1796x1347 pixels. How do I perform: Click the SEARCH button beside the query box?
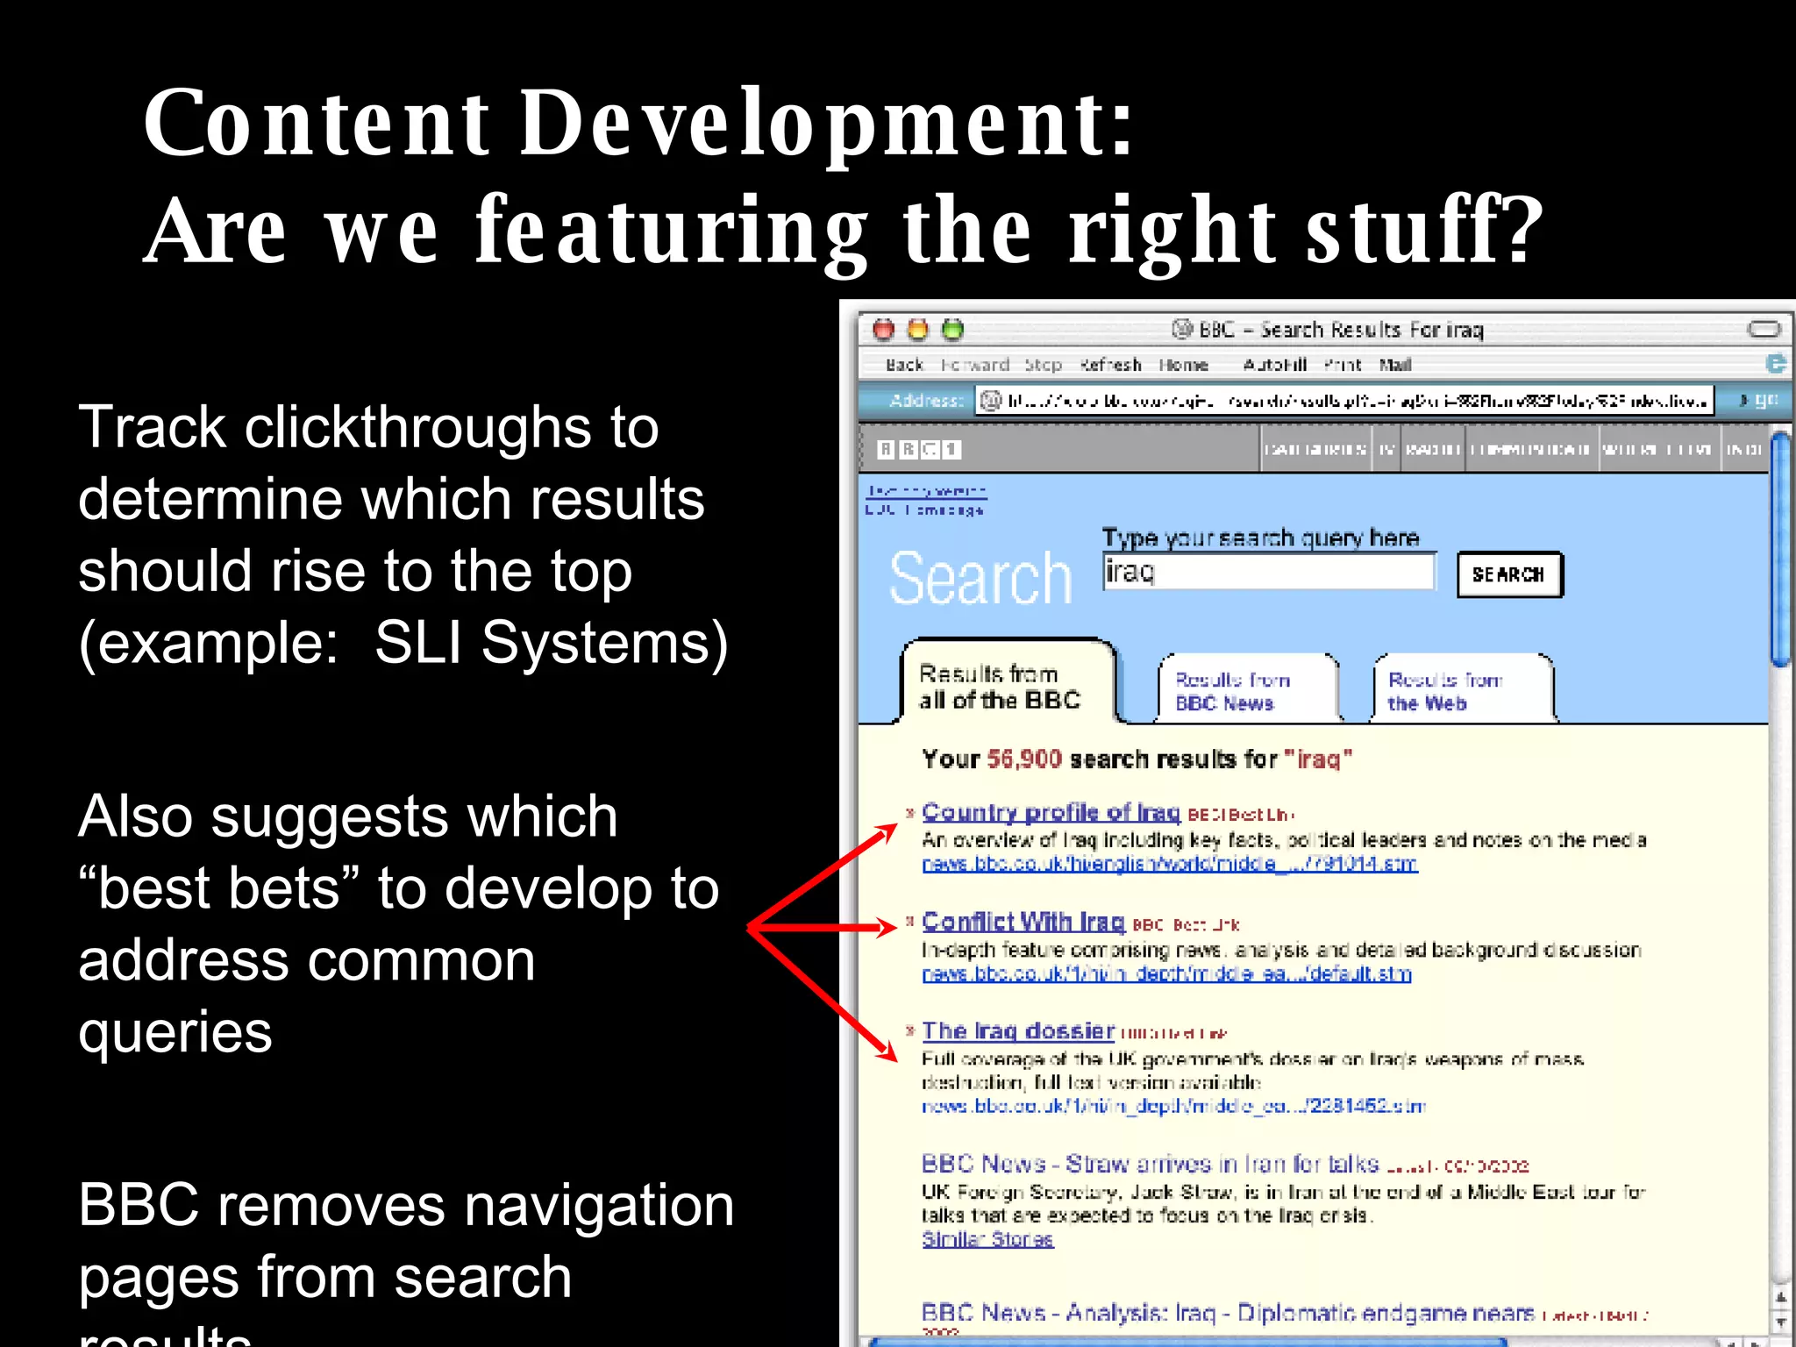coord(1508,575)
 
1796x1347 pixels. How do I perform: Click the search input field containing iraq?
coord(1268,572)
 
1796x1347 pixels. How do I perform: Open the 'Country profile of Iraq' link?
coord(1051,813)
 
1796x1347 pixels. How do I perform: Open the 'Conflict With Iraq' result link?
coord(1023,923)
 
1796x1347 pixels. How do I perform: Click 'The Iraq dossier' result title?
coord(1017,1031)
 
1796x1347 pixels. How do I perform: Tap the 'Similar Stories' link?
coord(987,1239)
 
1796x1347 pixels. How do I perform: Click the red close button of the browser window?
coord(884,330)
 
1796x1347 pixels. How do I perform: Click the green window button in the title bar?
coord(952,330)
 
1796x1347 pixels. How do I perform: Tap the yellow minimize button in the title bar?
coord(918,330)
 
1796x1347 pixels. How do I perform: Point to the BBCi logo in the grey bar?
coord(919,450)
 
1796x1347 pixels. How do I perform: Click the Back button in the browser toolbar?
coord(904,365)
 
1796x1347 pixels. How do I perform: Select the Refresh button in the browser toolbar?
coord(1110,365)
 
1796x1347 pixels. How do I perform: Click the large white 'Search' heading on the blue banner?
coord(980,579)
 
